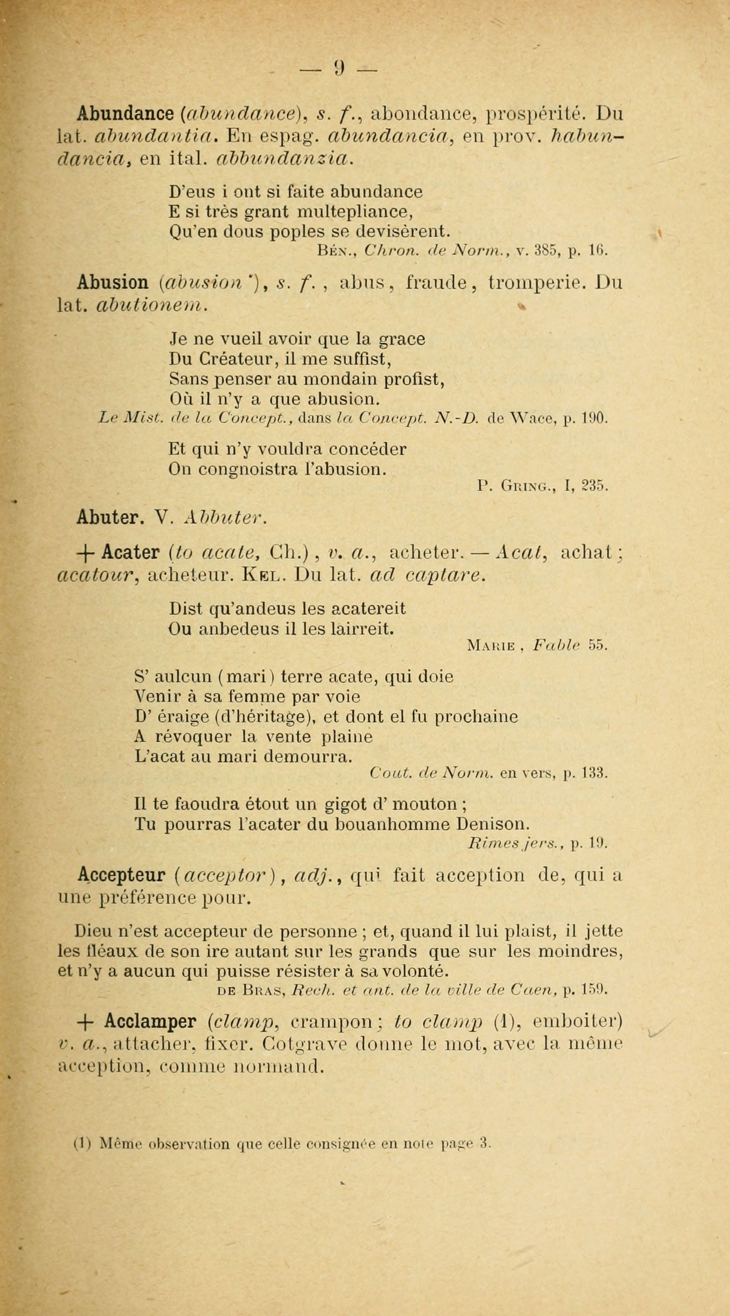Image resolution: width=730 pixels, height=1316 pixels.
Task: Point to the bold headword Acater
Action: click(x=131, y=553)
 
